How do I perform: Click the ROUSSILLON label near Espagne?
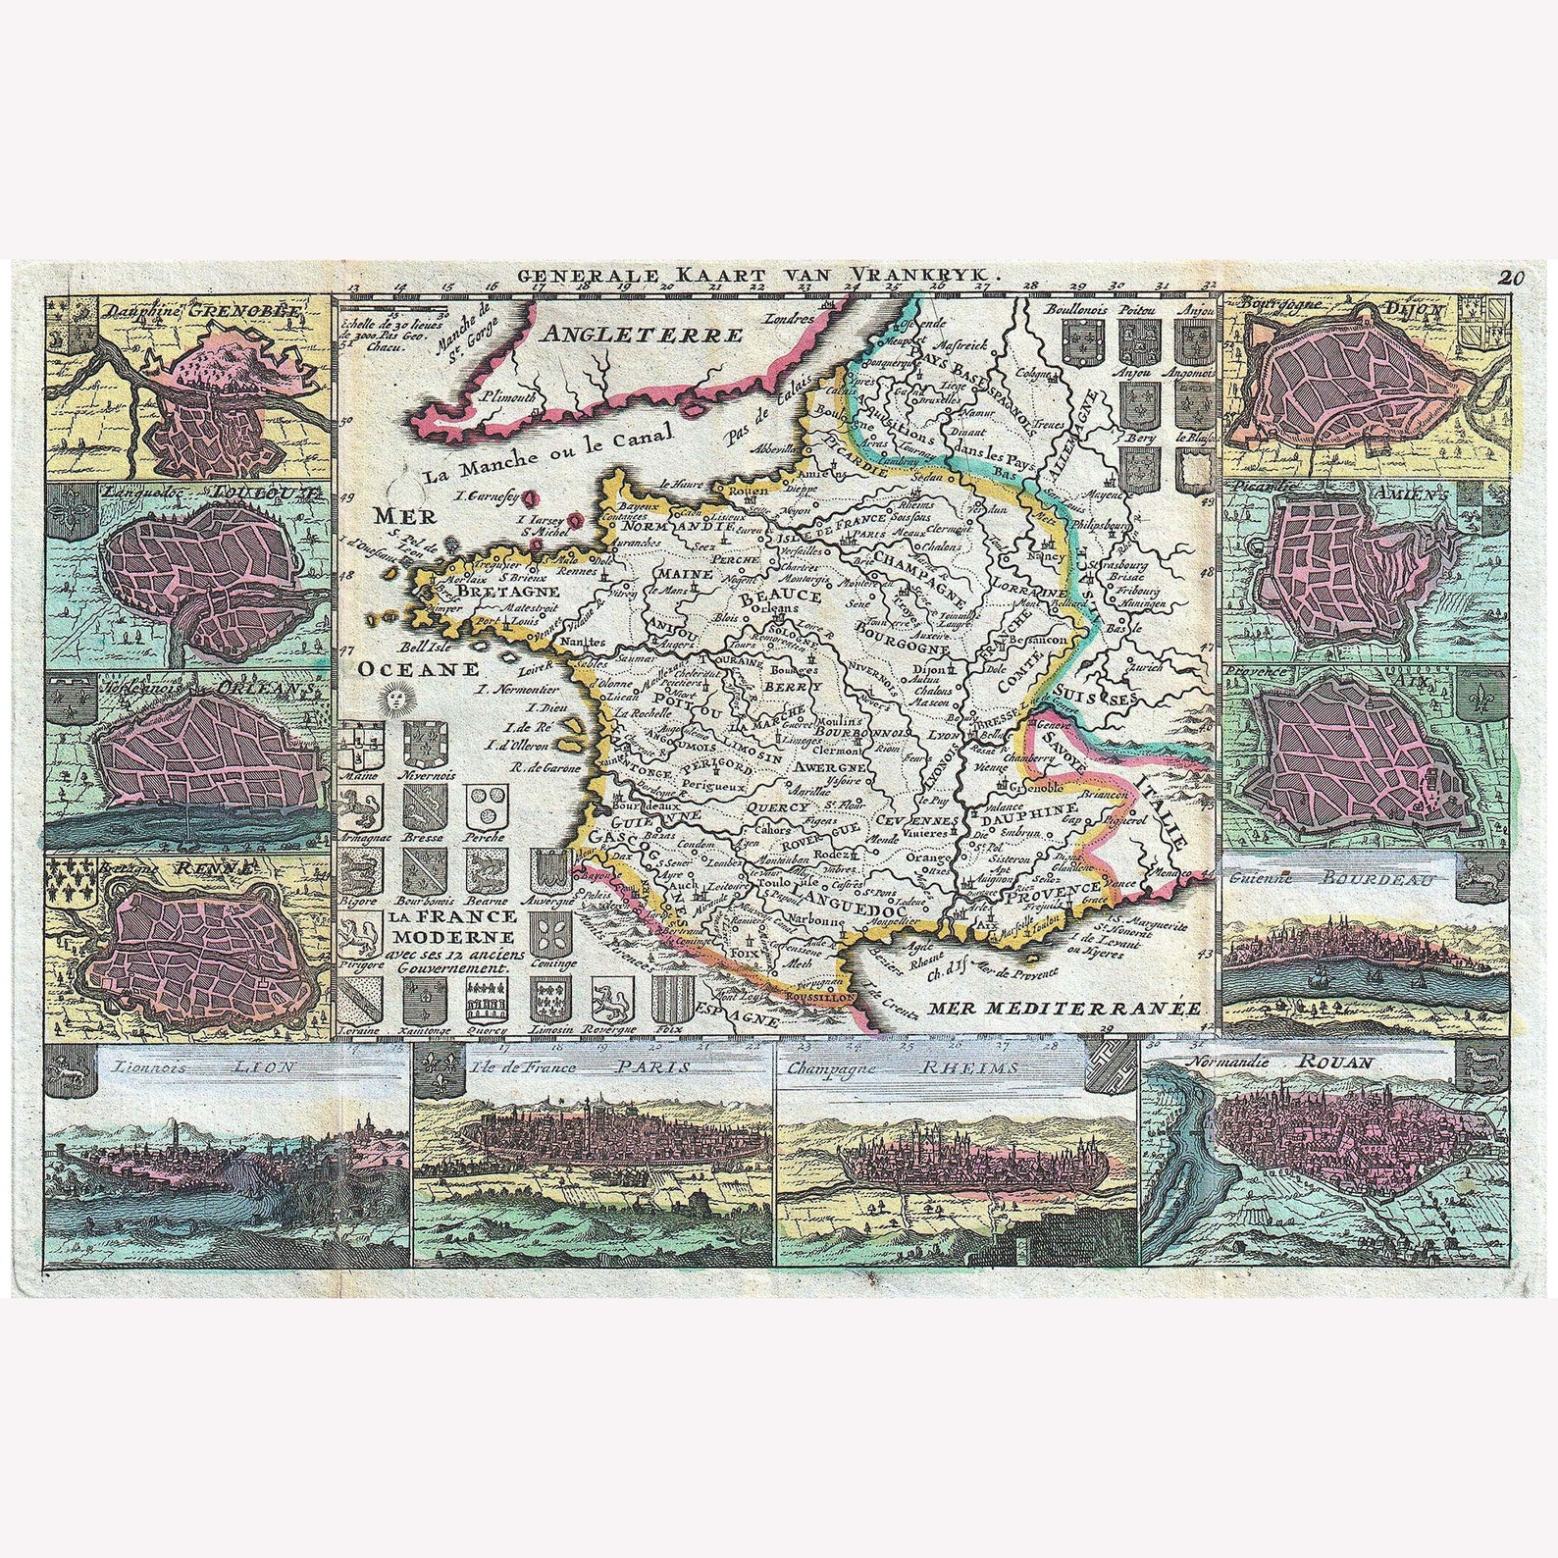pos(819,995)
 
